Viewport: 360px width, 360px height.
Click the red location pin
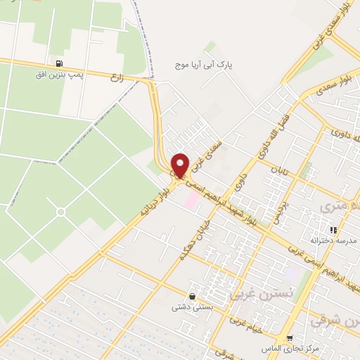181,165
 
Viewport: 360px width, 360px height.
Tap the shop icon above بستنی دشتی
191,296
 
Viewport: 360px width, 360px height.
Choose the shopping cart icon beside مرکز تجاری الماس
290,338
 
